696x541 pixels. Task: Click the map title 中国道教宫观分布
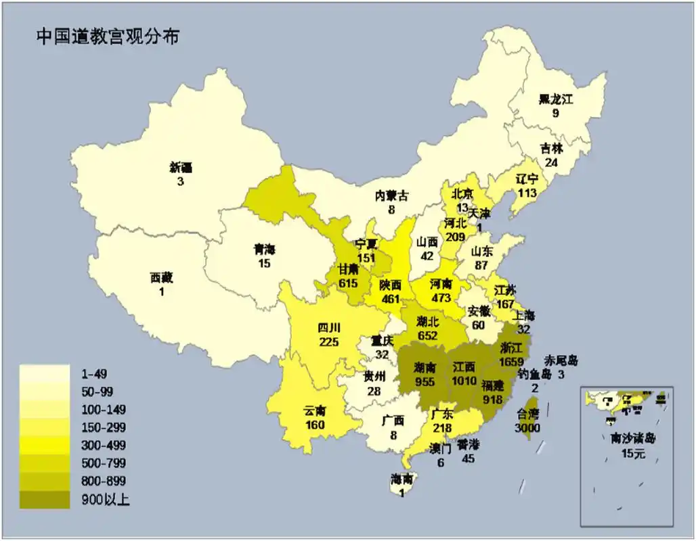click(x=108, y=37)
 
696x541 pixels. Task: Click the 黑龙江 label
click(x=556, y=100)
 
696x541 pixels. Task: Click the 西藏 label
click(x=161, y=277)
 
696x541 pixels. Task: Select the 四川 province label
click(x=329, y=329)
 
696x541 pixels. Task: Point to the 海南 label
click(x=401, y=479)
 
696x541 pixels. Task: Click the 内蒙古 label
click(x=392, y=196)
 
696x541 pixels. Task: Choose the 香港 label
click(x=468, y=446)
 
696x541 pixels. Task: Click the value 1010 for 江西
click(x=464, y=381)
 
